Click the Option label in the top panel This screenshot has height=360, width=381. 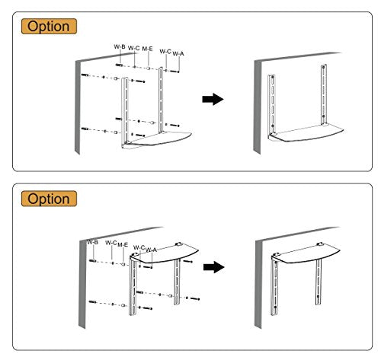[x=48, y=26]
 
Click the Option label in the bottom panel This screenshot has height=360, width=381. [x=48, y=199]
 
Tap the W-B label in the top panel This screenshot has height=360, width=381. [x=120, y=47]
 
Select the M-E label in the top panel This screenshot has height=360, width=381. [x=147, y=48]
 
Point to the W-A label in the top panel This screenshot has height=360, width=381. [x=178, y=53]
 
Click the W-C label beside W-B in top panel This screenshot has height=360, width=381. [x=133, y=48]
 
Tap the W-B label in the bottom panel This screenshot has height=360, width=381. [x=93, y=242]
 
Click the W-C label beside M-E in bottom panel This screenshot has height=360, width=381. [x=110, y=243]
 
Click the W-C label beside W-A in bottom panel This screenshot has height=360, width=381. [x=138, y=248]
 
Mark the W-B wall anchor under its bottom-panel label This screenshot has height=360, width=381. [x=93, y=261]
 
